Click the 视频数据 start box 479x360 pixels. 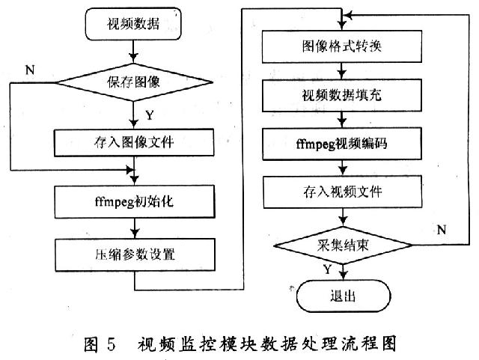coord(132,25)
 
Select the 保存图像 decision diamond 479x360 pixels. coord(132,84)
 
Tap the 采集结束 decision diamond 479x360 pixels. coord(341,245)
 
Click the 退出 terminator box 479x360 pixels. coord(341,296)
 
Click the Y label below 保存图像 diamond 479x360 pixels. coord(150,115)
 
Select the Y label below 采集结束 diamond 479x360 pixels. coord(328,268)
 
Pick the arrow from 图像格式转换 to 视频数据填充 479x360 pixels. coord(341,72)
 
